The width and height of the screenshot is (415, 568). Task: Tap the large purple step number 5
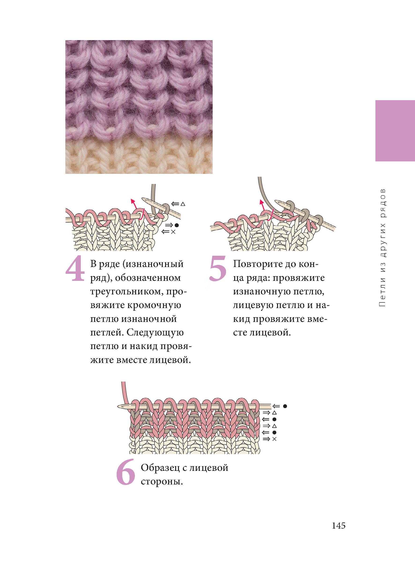218,269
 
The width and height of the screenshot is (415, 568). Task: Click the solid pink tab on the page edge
395,131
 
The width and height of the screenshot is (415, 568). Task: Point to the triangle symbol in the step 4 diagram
183,204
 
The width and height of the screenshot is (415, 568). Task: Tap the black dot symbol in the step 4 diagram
177,225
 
